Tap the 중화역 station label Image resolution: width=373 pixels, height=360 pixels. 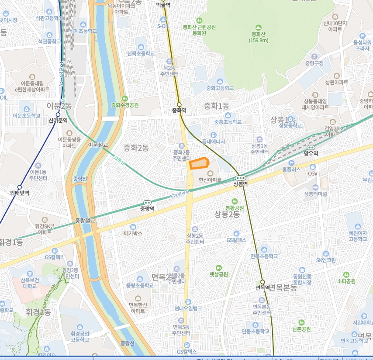coord(179,111)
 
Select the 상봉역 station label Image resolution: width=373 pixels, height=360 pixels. coord(240,184)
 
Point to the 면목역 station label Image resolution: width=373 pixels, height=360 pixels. coord(263,287)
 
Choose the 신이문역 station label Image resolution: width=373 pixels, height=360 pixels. coord(58,120)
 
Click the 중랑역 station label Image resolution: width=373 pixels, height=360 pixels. coord(147,209)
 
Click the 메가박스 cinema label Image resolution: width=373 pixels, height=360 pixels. coord(133,233)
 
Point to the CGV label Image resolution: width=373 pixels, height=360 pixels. coord(313,173)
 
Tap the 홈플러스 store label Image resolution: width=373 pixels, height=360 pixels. coord(291,169)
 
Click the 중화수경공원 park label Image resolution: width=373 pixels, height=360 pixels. coord(125,105)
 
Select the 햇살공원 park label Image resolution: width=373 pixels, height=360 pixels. coord(218,274)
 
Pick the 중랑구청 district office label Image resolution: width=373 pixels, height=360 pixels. coord(314,63)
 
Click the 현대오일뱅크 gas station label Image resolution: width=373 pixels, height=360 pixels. coord(188,308)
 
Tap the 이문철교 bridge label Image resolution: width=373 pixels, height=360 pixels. coord(98,144)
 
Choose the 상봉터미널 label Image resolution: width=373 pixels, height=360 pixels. coord(316,194)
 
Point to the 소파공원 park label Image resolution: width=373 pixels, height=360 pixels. coord(346,281)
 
